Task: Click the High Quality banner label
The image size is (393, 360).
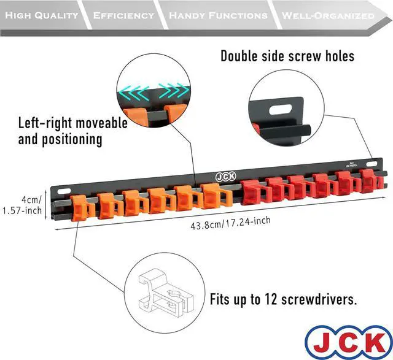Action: (42, 15)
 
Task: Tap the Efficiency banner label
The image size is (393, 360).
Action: (123, 15)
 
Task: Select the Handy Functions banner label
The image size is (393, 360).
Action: (218, 15)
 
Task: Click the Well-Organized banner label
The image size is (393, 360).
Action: (324, 15)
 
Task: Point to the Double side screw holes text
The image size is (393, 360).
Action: (287, 56)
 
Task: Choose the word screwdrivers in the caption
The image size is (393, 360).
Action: (320, 301)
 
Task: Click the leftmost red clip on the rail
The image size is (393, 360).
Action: (252, 192)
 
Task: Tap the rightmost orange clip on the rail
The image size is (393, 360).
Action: (212, 196)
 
